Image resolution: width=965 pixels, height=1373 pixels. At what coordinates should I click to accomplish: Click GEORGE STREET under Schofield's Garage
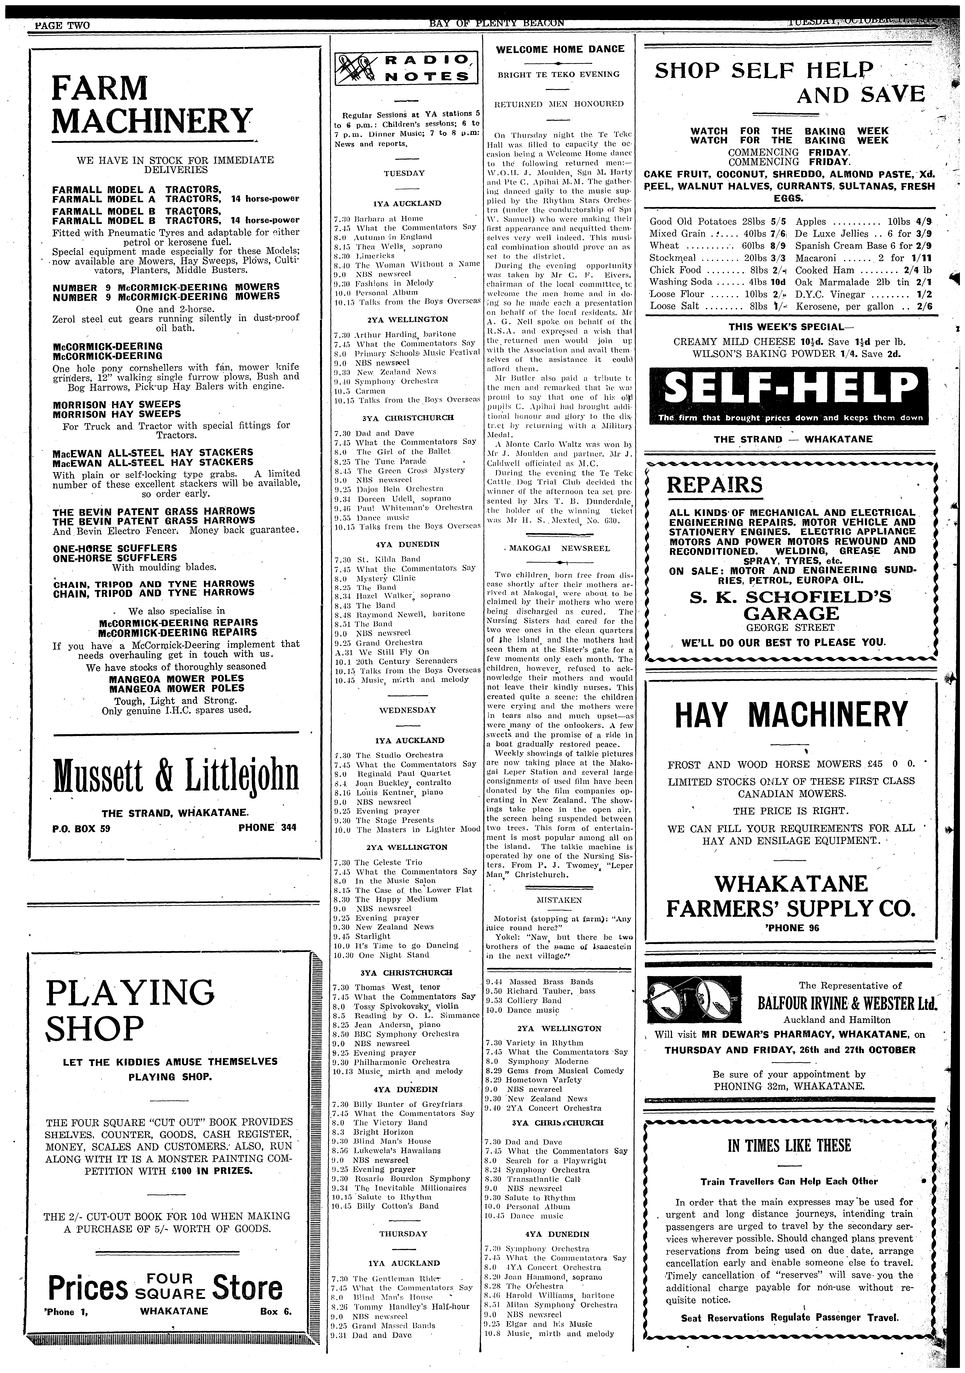(x=790, y=627)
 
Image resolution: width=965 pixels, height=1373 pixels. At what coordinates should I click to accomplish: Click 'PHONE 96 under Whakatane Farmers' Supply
(x=790, y=928)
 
